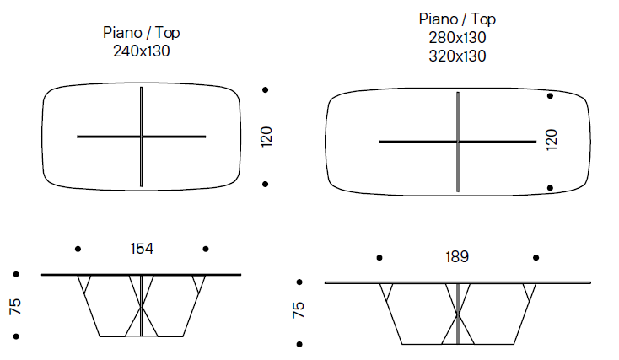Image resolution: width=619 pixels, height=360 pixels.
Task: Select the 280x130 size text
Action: tap(458, 38)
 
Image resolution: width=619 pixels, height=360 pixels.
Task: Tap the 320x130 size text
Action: tap(458, 56)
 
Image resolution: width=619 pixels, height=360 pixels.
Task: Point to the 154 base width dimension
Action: tap(142, 249)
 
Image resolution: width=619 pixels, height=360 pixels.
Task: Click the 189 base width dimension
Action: tap(457, 256)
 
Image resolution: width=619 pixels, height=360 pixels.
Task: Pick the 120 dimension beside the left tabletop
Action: tap(266, 137)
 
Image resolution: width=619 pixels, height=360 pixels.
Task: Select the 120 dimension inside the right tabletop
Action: tap(552, 140)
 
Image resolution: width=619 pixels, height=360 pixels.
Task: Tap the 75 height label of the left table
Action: tap(15, 305)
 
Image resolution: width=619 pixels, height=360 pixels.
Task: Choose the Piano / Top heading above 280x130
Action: tap(458, 19)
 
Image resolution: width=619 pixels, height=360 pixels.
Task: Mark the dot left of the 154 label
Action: tap(78, 249)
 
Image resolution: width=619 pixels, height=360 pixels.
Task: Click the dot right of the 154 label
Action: tap(206, 249)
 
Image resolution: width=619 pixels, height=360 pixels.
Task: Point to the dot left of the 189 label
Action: tap(379, 257)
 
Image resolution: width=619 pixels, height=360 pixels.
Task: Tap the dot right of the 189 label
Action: tap(535, 257)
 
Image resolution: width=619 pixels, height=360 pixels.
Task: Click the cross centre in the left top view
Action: tap(142, 136)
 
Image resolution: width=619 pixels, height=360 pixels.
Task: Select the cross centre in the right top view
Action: tap(458, 142)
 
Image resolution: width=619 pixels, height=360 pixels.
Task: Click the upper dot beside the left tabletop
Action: tap(266, 89)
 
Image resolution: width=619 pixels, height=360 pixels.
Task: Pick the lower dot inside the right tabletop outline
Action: tap(551, 188)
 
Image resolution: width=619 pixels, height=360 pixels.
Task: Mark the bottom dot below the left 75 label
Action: tap(16, 337)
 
